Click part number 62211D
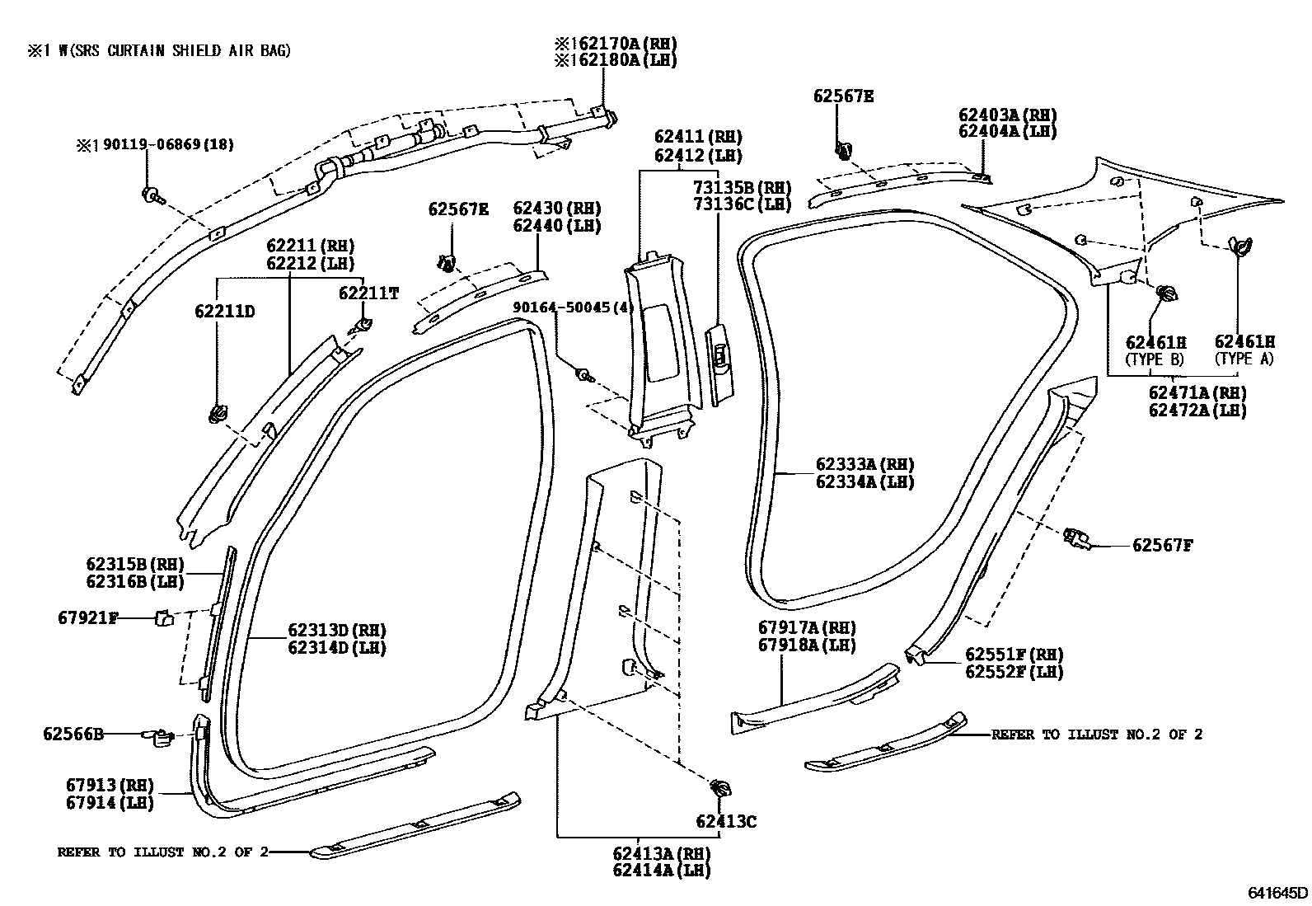tap(224, 312)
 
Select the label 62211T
tap(368, 293)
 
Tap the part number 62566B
tap(73, 734)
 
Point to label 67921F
tap(87, 617)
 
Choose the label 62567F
tap(1162, 545)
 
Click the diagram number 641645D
tap(1277, 892)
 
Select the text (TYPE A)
tap(1244, 359)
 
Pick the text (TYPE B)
tap(1155, 359)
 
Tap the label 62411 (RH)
tap(698, 137)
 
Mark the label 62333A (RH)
tap(865, 465)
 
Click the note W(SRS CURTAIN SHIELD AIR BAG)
tap(170, 51)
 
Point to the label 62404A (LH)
tap(1007, 132)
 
